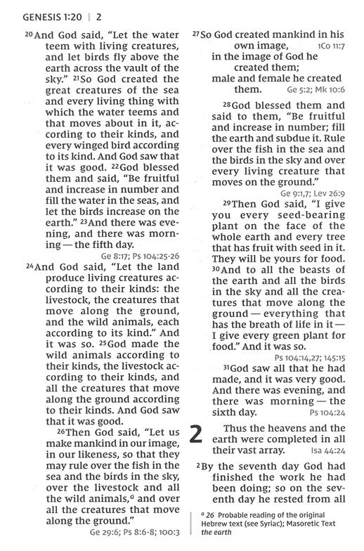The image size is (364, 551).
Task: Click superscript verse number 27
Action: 196,33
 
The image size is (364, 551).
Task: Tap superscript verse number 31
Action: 228,367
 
